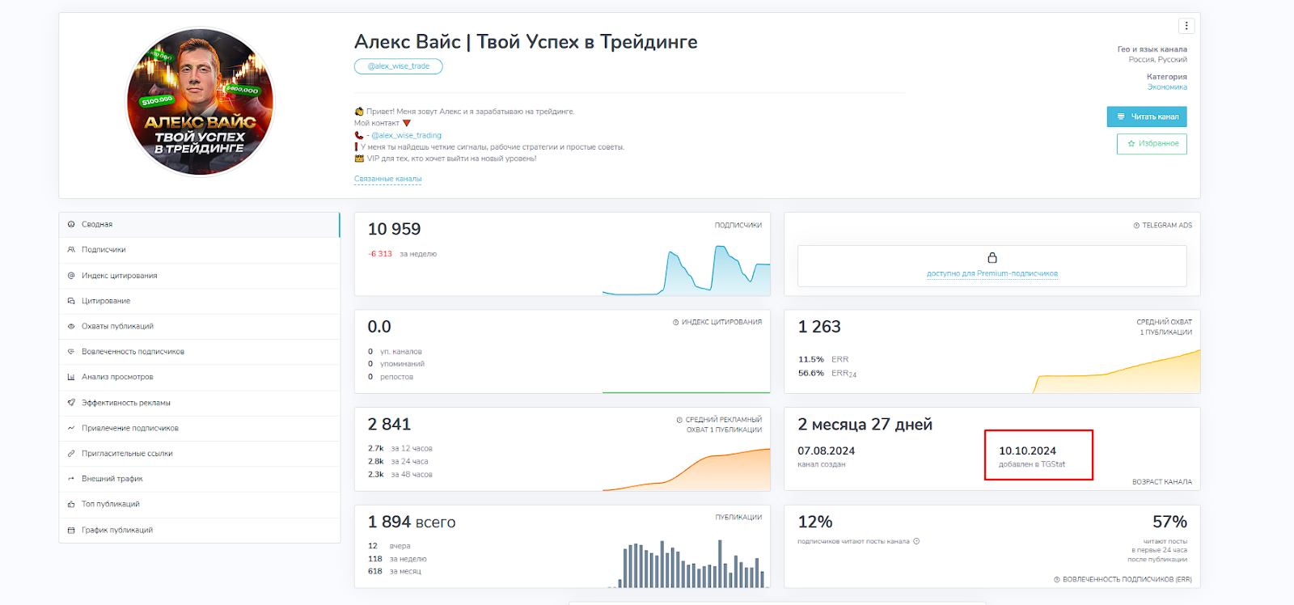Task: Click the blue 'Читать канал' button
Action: click(x=1146, y=116)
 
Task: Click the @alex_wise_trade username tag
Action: click(x=398, y=66)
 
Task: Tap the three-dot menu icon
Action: click(x=1186, y=26)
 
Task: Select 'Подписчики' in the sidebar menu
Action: click(x=104, y=250)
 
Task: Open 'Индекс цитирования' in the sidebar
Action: click(x=119, y=276)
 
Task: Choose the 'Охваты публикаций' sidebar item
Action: click(x=117, y=327)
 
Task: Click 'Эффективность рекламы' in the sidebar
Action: click(x=125, y=403)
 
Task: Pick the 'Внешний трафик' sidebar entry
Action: click(x=112, y=479)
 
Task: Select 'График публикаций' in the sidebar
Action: click(x=116, y=531)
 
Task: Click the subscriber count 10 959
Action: click(x=394, y=230)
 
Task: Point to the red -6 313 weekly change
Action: click(x=380, y=254)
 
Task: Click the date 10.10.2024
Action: click(x=1027, y=451)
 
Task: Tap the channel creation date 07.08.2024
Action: click(x=826, y=451)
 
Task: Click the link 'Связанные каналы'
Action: click(x=387, y=179)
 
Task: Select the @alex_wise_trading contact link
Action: click(x=406, y=136)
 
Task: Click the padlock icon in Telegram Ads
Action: click(x=992, y=258)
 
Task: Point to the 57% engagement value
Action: click(x=1169, y=522)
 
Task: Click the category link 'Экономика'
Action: click(x=1167, y=87)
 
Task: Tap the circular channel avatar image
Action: click(x=201, y=102)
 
